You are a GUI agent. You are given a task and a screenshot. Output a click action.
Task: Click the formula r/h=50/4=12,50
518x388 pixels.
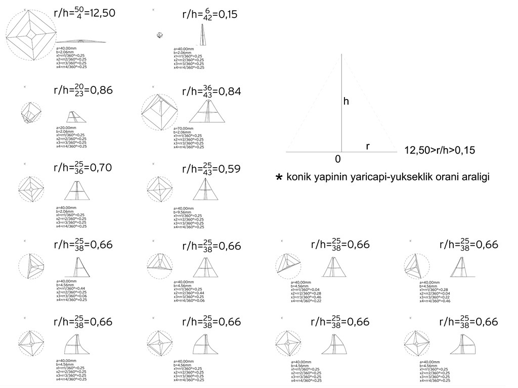click(x=84, y=13)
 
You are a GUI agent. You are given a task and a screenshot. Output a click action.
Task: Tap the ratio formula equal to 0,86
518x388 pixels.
click(x=82, y=91)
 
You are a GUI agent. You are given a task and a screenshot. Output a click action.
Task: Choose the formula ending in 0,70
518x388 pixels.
click(x=82, y=168)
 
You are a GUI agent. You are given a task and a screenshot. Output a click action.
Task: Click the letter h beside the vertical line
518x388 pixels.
click(x=346, y=102)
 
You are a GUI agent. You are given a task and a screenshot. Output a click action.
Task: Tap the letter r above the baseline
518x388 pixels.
click(x=368, y=146)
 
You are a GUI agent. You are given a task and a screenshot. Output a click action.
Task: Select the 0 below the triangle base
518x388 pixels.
click(x=337, y=159)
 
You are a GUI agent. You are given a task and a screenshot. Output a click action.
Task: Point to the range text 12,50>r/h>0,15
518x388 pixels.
click(x=440, y=150)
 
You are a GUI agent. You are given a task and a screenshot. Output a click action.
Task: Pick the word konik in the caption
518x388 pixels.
click(x=299, y=177)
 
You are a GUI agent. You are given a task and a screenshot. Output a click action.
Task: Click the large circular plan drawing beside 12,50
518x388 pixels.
click(x=30, y=37)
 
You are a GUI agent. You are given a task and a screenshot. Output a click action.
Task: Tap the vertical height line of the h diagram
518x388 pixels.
click(x=342, y=101)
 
